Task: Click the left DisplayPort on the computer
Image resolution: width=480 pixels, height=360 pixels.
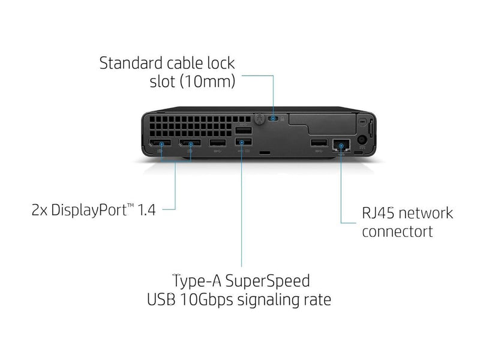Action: point(160,143)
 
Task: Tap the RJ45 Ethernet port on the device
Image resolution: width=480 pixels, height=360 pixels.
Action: point(341,143)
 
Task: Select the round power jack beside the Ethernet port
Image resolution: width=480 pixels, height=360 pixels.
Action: point(362,142)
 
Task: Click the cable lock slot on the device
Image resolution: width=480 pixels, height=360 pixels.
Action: point(274,118)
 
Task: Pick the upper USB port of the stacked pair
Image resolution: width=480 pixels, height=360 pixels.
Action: point(243,130)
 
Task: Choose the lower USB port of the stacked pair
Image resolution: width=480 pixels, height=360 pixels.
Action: point(243,142)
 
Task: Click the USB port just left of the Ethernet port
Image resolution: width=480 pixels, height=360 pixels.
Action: point(319,143)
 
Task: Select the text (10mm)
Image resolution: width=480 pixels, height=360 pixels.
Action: point(209,82)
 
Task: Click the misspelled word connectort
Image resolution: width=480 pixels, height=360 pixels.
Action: point(397,232)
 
